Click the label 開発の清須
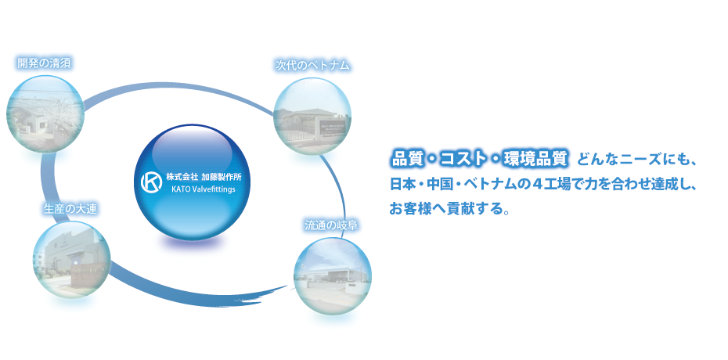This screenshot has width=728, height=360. pyautogui.click(x=44, y=63)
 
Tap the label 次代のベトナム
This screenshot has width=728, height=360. pyautogui.click(x=312, y=66)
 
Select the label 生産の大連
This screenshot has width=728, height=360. pyautogui.click(x=70, y=209)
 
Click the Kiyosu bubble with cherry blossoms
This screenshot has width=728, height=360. pyautogui.click(x=45, y=114)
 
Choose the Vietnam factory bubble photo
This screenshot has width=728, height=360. pyautogui.click(x=312, y=116)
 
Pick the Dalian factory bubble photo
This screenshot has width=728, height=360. pyautogui.click(x=71, y=259)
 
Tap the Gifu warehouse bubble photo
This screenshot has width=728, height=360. pyautogui.click(x=333, y=276)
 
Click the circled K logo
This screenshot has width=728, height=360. pyautogui.click(x=151, y=182)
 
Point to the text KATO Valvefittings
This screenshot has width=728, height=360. pyautogui.click(x=204, y=189)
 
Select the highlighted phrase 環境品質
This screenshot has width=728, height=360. pyautogui.click(x=533, y=159)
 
